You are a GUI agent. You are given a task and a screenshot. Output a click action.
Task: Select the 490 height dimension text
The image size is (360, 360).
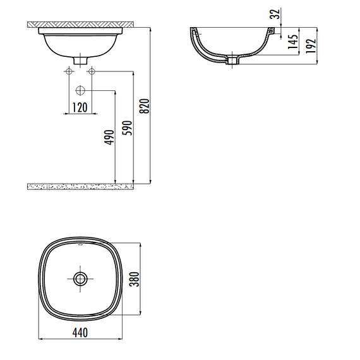tap(109, 138)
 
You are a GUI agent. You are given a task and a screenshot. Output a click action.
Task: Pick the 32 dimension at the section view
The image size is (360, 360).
tap(273, 13)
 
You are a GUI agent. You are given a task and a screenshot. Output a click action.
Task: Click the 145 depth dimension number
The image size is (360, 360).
tap(294, 43)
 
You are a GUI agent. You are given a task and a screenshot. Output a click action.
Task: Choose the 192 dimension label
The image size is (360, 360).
tap(311, 46)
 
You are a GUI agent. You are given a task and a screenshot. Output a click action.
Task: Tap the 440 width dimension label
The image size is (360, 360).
tap(79, 332)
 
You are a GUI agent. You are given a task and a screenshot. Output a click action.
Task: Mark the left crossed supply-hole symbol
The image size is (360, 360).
tap(66, 71)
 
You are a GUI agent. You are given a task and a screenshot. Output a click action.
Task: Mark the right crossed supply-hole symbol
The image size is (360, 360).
tap(92, 71)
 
